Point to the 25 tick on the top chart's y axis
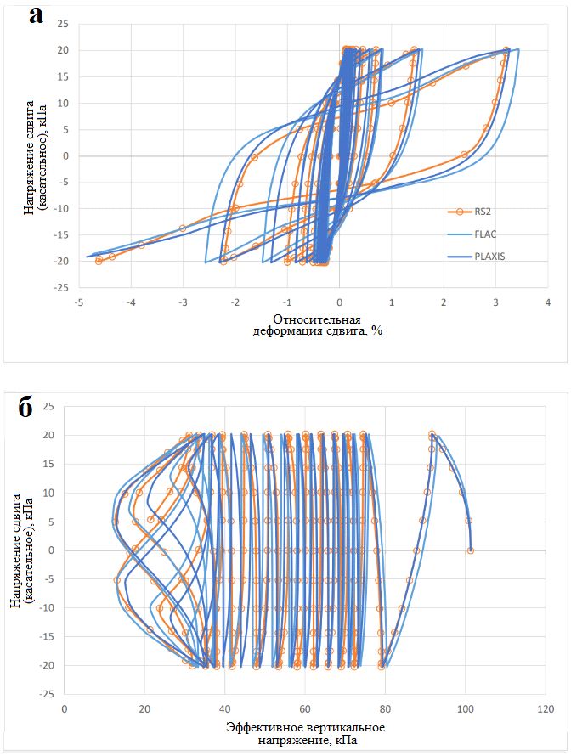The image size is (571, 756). coord(62,24)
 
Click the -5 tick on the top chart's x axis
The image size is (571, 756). coord(78,302)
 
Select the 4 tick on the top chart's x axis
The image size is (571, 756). coord(548,302)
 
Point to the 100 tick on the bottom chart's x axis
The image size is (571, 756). coord(465,706)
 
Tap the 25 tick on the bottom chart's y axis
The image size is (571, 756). coord(48,406)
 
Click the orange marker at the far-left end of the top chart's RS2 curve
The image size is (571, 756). coord(99,261)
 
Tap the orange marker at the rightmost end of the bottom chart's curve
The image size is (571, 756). coord(471,550)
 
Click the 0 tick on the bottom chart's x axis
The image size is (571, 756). coord(65,706)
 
